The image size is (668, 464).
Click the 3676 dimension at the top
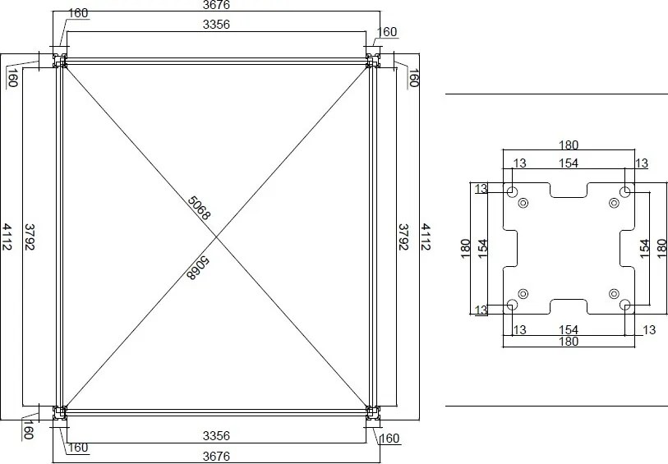coord(216,6)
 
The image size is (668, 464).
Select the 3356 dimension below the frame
coord(216,435)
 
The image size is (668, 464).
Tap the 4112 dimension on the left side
coord(7,237)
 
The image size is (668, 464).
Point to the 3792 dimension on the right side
coord(403,237)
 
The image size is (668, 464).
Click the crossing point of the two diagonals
coord(216,237)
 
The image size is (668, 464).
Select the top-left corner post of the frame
coord(60,62)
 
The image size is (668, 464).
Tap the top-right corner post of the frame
coord(372,62)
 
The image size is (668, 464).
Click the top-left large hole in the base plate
coord(512,192)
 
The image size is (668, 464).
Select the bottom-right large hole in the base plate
coord(625,306)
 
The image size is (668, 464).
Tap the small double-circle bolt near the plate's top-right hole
coord(613,203)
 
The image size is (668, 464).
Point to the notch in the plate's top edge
coord(569,190)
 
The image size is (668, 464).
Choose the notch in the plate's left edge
coord(511,249)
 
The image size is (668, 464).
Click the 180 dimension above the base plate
coord(569,145)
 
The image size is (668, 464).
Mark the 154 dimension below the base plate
coord(569,329)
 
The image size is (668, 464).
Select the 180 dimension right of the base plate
coord(661,249)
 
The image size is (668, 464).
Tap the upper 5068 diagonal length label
coord(200,208)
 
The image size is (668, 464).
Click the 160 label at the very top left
coord(79,13)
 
